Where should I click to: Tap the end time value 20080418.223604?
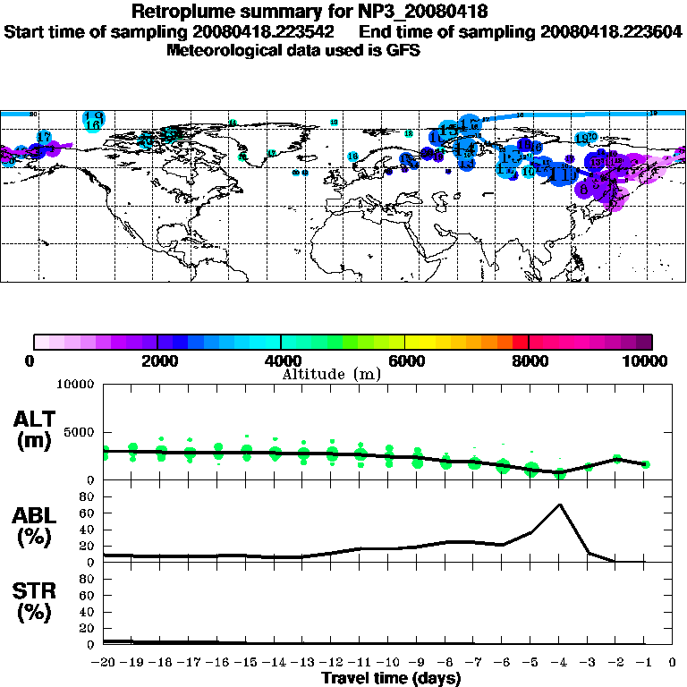click(612, 31)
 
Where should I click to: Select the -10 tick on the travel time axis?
click(387, 663)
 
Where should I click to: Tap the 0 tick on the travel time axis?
click(673, 663)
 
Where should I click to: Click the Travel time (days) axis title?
click(391, 678)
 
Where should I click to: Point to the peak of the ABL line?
click(560, 504)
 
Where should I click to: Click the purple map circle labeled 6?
click(583, 190)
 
